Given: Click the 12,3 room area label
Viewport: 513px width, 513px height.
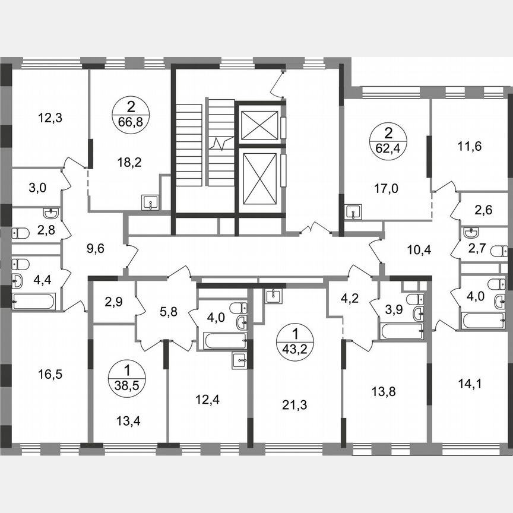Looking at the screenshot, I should click(x=50, y=118).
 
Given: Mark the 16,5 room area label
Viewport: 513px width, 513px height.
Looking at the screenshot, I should click(x=50, y=375).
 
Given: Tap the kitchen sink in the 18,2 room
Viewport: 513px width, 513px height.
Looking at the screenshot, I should click(x=148, y=202).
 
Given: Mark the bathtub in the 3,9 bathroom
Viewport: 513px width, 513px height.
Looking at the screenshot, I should click(x=402, y=331).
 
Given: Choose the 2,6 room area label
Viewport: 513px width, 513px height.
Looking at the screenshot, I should click(x=488, y=209).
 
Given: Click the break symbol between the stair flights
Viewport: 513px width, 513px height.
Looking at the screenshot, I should click(x=221, y=142).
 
